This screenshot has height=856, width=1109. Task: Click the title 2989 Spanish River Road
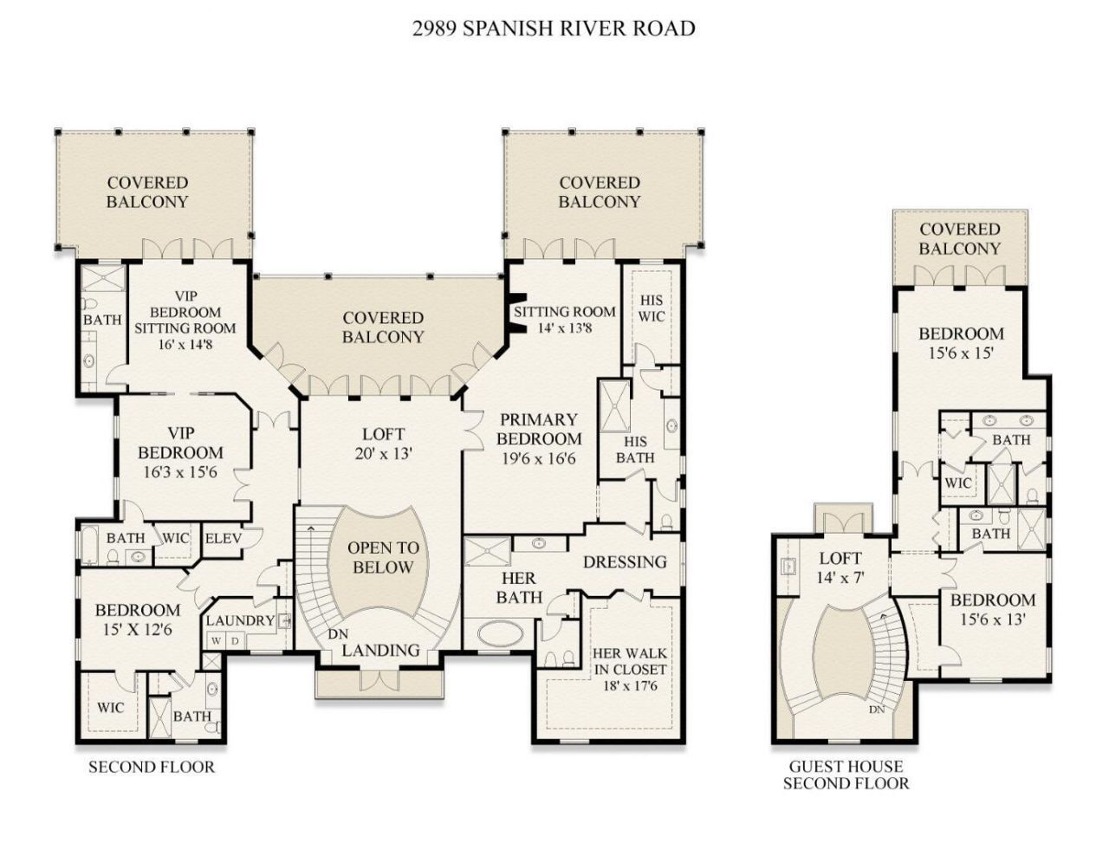point(554,29)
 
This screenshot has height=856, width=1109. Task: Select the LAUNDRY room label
point(239,620)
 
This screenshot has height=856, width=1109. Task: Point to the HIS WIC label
point(652,308)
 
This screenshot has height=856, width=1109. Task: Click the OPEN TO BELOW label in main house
point(382,558)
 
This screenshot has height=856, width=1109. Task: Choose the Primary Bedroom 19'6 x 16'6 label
point(538,439)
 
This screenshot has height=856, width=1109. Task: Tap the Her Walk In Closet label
point(630,670)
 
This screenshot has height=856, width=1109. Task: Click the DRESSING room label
point(625,561)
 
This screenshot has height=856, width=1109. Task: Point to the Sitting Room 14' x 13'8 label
point(565,319)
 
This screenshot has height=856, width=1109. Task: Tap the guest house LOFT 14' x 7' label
point(840,567)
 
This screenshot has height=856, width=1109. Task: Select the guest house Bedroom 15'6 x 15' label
point(961,343)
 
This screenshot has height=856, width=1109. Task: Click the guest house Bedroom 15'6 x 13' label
point(993,609)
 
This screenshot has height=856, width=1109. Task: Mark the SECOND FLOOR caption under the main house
point(152,767)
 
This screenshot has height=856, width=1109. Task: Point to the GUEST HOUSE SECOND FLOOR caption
point(846,775)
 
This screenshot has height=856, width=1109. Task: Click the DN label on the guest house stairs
point(877,709)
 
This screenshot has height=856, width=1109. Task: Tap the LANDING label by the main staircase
point(380,650)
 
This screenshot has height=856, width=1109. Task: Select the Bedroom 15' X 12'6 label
point(138,619)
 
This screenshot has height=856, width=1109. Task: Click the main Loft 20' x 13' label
point(382,443)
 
